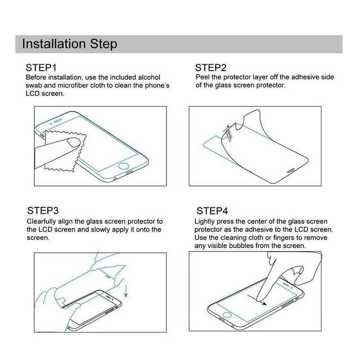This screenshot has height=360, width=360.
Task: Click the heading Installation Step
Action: (x=70, y=44)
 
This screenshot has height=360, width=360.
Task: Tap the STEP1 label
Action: (x=41, y=68)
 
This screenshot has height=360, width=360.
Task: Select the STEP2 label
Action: (x=211, y=68)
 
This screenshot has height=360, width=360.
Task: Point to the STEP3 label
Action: (x=42, y=211)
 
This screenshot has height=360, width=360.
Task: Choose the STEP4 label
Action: (x=212, y=211)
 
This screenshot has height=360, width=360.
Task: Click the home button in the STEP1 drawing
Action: (x=123, y=166)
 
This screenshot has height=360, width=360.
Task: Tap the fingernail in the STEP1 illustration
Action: (x=74, y=142)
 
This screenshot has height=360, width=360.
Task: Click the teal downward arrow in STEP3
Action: (x=126, y=291)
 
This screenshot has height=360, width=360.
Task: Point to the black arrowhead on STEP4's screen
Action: (x=264, y=303)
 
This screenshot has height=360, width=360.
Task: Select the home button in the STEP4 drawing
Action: (x=227, y=314)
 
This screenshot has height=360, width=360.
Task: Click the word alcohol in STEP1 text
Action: (x=149, y=77)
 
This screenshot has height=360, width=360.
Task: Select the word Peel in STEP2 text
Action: (x=202, y=77)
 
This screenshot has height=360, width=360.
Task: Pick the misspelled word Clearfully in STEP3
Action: (x=41, y=221)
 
